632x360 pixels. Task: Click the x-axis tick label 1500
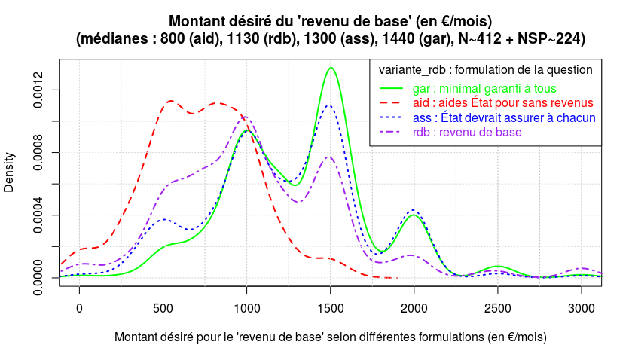coord(330,308)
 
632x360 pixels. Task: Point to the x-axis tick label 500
coord(163,308)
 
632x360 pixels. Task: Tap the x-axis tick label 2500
coord(497,308)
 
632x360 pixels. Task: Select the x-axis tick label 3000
coord(581,308)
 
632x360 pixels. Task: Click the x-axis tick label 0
coord(79,308)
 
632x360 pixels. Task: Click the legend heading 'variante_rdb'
coord(412,69)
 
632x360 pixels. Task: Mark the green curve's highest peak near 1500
coord(331,68)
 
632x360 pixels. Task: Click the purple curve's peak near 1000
coord(244,116)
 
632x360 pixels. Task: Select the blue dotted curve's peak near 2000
coord(414,210)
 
